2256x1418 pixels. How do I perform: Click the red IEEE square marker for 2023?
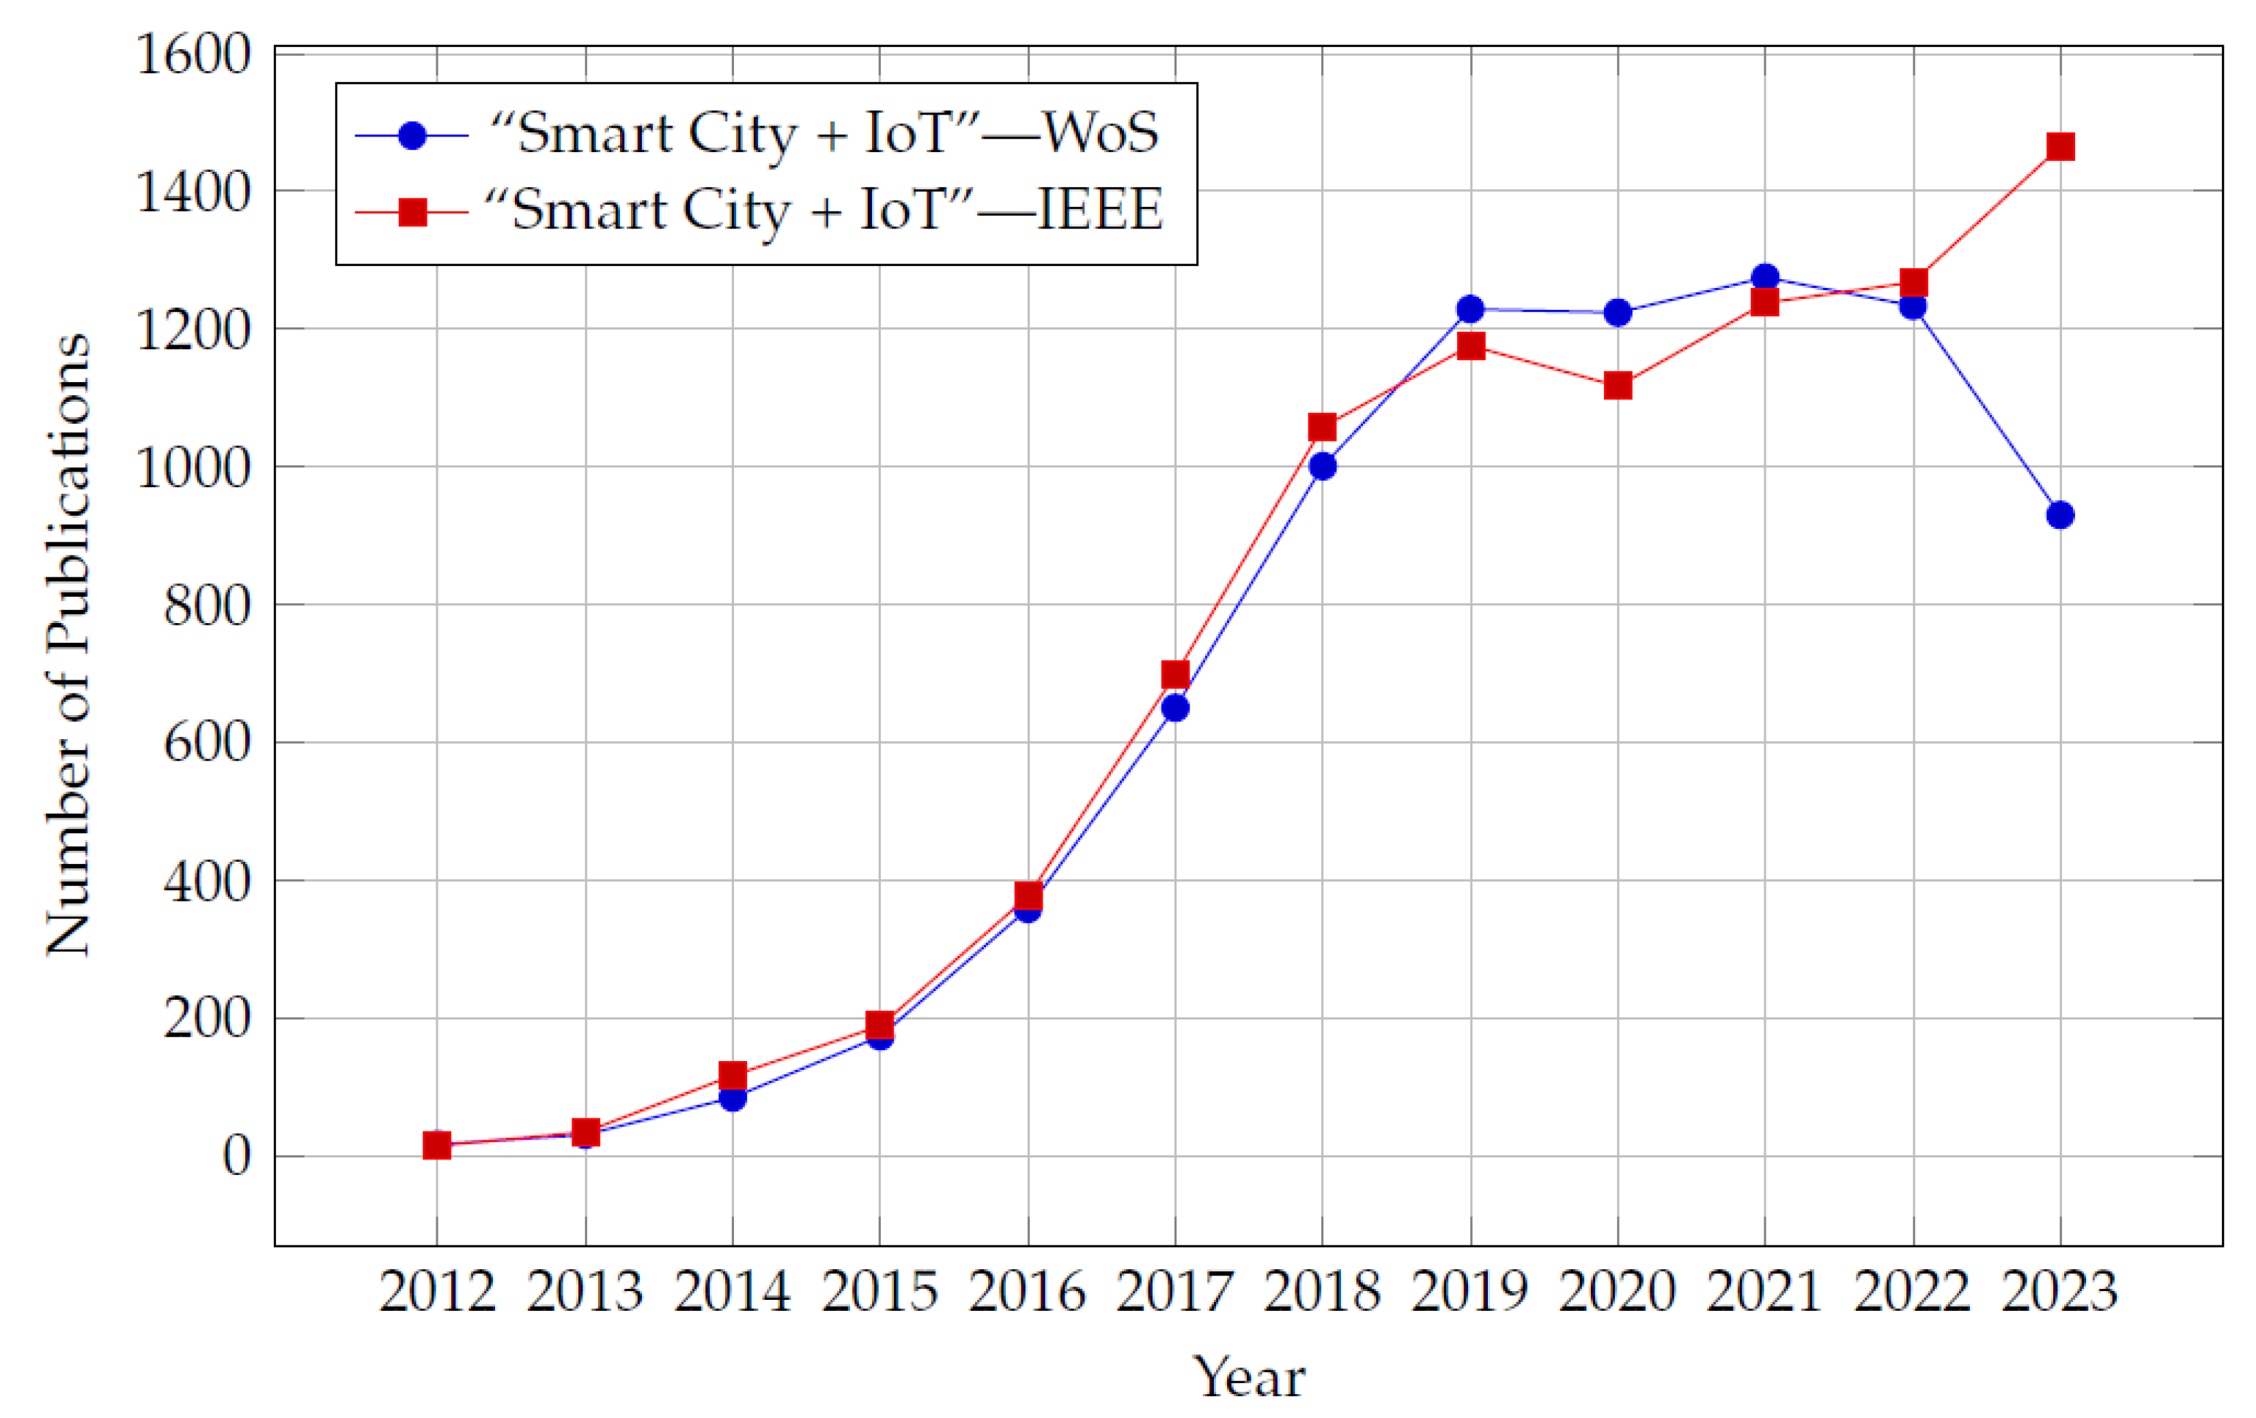2059,146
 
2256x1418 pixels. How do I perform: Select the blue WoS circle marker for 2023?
2059,515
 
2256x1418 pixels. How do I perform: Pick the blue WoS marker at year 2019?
1471,309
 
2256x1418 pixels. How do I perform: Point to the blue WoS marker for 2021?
1765,277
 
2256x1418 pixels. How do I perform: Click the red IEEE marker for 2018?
1322,427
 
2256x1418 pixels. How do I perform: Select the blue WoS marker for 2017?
1175,708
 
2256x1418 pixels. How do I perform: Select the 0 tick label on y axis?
237,1157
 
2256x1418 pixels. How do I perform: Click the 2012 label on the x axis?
436,1292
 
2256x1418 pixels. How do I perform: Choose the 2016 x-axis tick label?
1027,1292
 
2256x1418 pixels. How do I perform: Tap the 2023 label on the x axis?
2059,1292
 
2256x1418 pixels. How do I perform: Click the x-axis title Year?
1248,1377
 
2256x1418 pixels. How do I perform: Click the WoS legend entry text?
824,133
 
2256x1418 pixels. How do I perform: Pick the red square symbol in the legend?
412,213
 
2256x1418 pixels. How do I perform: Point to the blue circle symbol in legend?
412,136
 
